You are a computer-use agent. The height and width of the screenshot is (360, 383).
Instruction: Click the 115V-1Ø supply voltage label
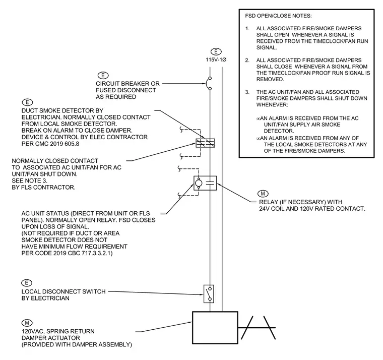(216, 59)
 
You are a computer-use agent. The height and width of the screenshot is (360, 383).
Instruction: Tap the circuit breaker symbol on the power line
(208, 84)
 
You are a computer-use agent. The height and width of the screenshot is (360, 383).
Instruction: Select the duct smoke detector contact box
(205, 143)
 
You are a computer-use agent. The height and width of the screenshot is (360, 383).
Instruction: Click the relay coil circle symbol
(199, 183)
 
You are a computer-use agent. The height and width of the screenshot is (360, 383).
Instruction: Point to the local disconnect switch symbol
(209, 294)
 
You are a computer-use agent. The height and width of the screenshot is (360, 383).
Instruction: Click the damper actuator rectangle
(215, 328)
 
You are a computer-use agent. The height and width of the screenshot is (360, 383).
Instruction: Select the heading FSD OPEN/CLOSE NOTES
(278, 16)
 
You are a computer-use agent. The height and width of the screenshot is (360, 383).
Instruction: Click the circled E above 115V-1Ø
(216, 52)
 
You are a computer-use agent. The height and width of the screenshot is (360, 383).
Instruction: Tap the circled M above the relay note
(263, 194)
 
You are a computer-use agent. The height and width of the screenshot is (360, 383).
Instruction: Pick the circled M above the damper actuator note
(27, 323)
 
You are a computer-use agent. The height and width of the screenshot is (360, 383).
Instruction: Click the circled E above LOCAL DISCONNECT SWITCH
(27, 283)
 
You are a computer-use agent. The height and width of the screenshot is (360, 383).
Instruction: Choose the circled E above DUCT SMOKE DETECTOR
(27, 102)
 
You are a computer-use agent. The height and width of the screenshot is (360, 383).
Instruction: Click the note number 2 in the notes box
(247, 61)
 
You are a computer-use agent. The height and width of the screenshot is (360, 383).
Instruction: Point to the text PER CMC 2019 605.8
(50, 144)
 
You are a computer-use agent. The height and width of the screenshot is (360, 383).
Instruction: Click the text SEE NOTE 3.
(30, 181)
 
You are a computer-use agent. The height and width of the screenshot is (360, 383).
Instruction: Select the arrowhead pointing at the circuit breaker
(204, 84)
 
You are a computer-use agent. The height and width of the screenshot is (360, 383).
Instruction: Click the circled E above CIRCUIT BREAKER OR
(103, 75)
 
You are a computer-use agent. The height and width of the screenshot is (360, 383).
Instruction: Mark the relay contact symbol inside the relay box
(210, 183)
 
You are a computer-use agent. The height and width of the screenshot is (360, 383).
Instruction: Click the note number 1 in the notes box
(247, 29)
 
